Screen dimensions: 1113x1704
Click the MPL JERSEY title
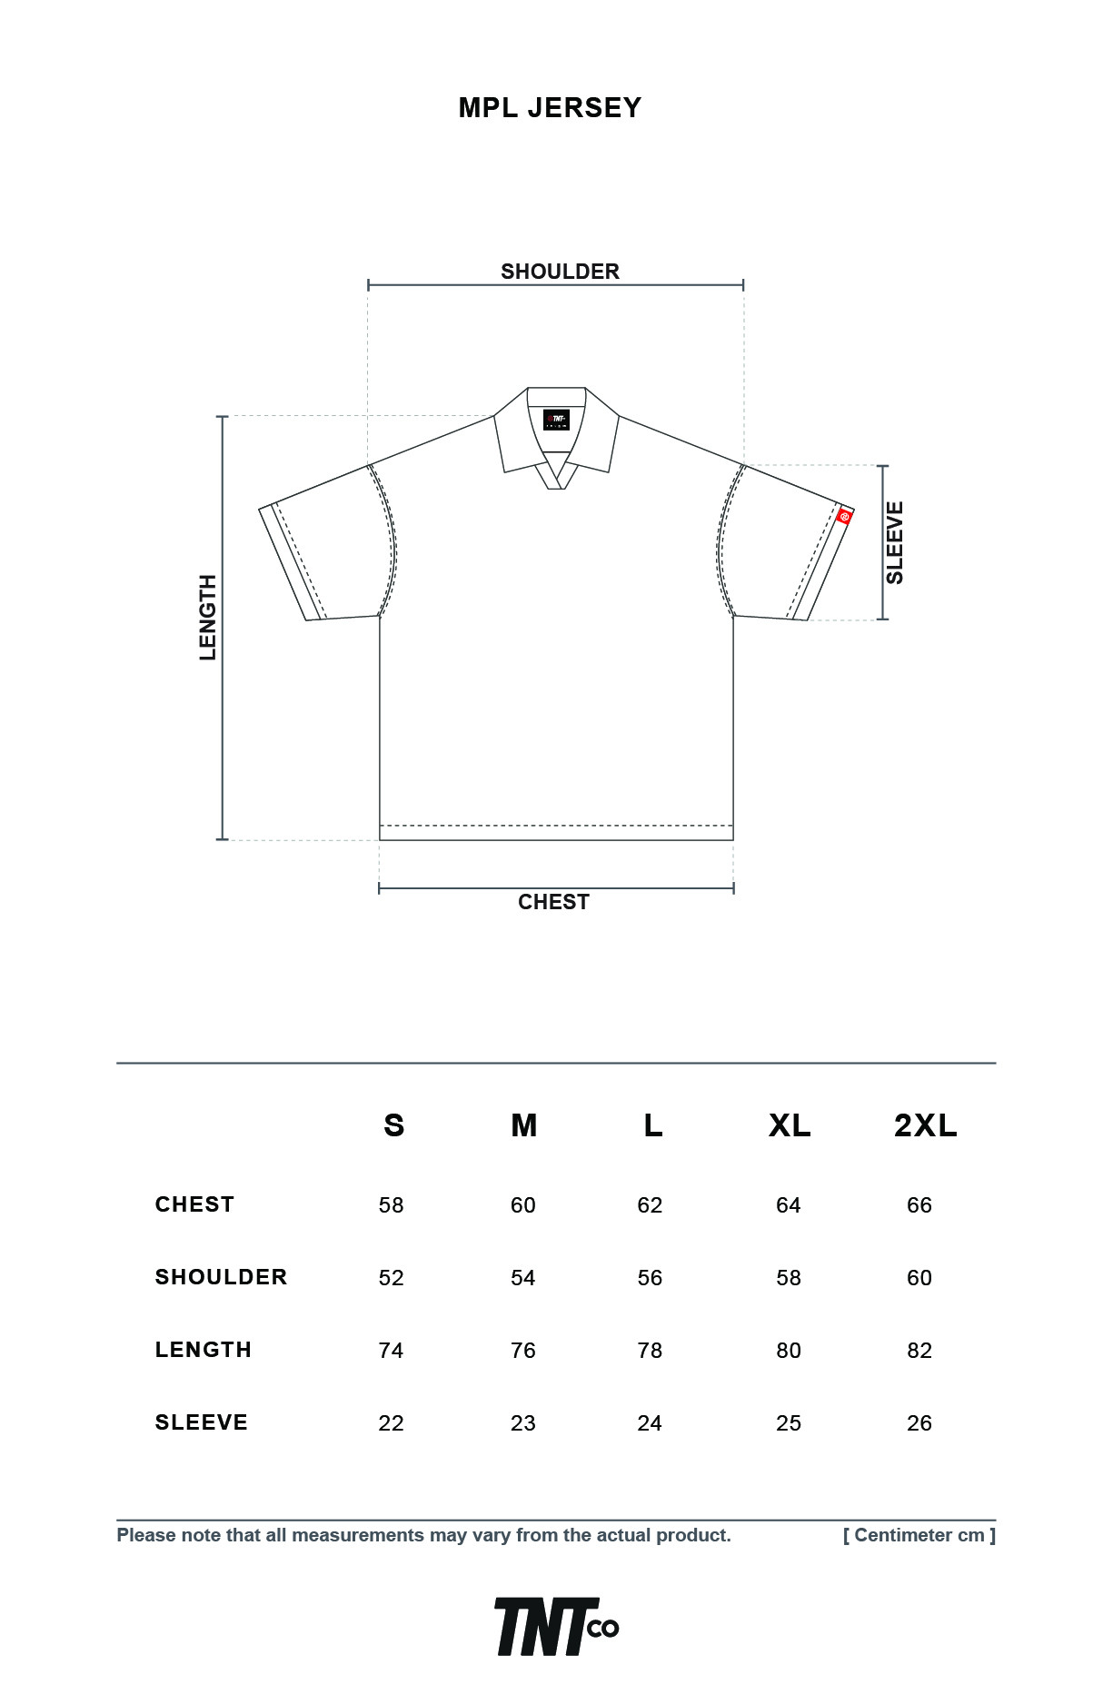550,108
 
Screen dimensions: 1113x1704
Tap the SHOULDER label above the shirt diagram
560,272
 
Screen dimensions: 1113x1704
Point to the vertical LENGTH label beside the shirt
208,618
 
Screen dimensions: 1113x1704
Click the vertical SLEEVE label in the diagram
895,543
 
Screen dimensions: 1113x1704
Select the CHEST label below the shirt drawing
553,902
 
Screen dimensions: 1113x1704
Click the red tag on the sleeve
845,517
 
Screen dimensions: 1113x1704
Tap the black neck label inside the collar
556,421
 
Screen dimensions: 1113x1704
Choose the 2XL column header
925,1125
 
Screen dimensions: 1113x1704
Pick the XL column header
790,1125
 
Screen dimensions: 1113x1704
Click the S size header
393,1125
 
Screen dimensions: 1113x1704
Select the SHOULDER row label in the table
221,1277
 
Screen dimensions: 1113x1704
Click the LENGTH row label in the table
204,1350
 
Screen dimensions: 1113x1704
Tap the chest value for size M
523,1205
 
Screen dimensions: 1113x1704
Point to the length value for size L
650,1351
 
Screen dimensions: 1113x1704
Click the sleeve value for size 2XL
919,1423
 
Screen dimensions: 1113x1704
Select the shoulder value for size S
391,1278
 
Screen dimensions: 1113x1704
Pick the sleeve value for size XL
789,1423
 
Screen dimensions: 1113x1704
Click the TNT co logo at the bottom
557,1627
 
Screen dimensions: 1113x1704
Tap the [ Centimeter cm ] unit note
919,1535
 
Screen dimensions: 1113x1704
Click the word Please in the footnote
146,1535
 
